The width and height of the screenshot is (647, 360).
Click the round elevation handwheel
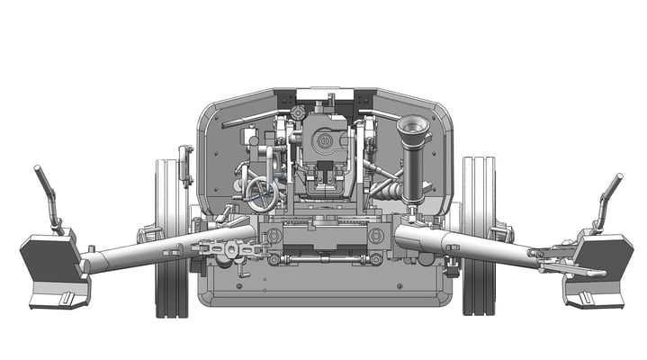pos(262,194)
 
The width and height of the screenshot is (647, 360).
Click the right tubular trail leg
pos(477,247)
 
